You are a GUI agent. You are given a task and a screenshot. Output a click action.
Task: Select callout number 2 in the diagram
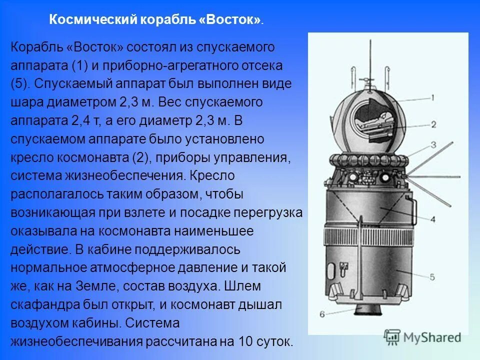[x=434, y=125]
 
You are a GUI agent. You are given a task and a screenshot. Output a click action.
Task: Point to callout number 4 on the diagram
[x=433, y=218]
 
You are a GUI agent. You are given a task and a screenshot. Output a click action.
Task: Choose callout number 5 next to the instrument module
[x=433, y=276]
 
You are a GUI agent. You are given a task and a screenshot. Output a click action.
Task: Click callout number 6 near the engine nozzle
[x=322, y=314]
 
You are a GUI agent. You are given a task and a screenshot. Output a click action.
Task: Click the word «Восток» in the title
[x=233, y=20]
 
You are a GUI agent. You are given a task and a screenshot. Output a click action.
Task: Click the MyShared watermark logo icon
[x=392, y=337]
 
